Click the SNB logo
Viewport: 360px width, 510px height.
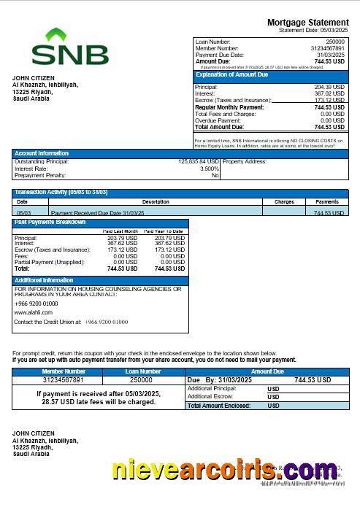click(70, 49)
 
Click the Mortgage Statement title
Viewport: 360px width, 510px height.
click(307, 23)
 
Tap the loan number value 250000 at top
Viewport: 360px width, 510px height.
click(336, 42)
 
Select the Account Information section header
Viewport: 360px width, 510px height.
click(42, 153)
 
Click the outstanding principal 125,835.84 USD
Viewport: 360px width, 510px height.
click(199, 161)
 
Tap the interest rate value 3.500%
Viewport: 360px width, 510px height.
click(210, 169)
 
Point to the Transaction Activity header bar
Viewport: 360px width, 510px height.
click(61, 192)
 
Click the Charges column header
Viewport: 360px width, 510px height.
click(284, 201)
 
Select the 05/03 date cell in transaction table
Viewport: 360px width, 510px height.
click(23, 212)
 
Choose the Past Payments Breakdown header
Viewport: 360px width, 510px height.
click(50, 222)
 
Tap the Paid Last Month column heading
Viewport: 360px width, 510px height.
click(120, 231)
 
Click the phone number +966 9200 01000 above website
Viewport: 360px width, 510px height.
click(37, 303)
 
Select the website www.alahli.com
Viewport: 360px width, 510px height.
click(34, 312)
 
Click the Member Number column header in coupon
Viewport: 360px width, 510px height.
click(64, 371)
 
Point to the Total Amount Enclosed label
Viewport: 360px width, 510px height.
click(219, 405)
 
